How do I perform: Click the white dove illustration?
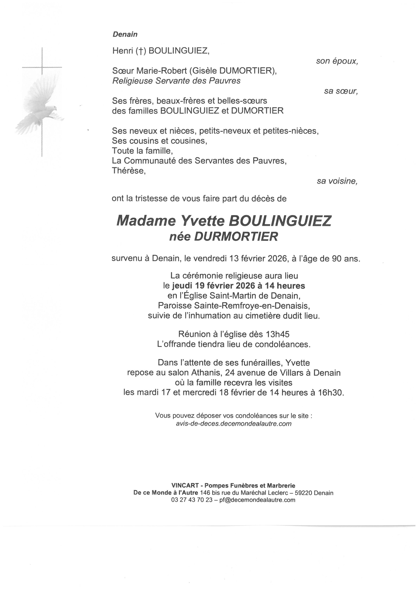(x=41, y=103)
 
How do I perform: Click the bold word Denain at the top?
(x=125, y=34)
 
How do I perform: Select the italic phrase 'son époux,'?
(x=337, y=61)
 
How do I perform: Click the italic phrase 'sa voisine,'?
(x=337, y=181)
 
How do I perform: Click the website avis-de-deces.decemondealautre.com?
(x=234, y=424)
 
